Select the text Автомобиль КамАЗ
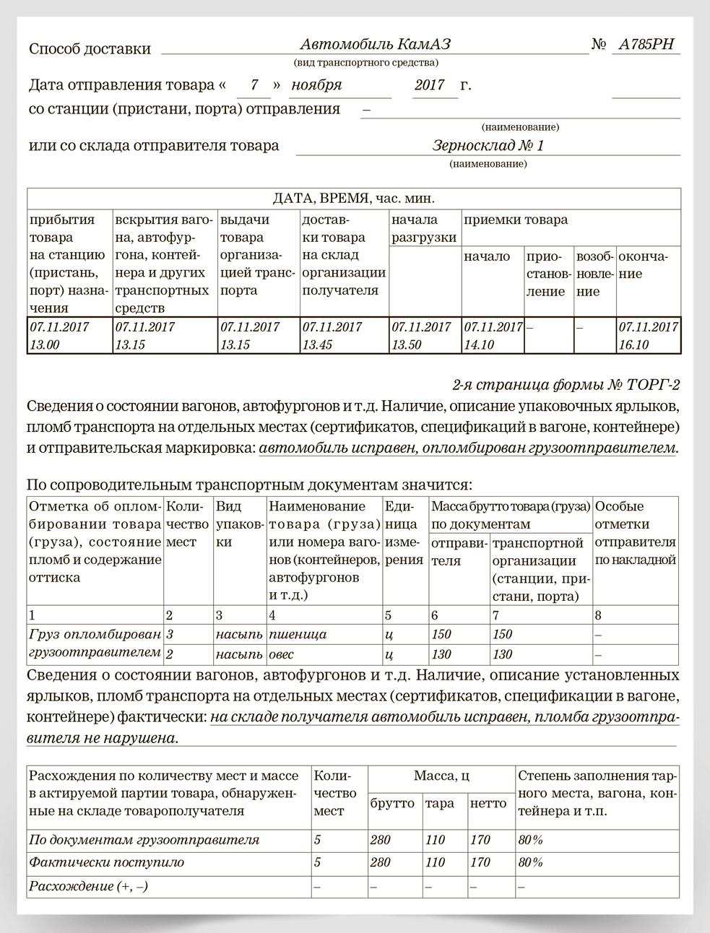[376, 45]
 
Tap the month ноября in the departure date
[316, 85]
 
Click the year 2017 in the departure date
[430, 85]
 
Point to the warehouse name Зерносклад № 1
[488, 146]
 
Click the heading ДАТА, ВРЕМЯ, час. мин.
[353, 199]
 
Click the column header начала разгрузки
[424, 229]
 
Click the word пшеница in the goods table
[298, 635]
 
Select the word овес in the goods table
[282, 655]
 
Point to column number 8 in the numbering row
[598, 616]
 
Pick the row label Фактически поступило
[106, 863]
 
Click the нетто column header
[488, 804]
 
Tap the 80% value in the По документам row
[530, 841]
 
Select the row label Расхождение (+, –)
[88, 886]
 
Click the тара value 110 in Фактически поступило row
[435, 863]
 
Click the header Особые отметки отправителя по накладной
[635, 533]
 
